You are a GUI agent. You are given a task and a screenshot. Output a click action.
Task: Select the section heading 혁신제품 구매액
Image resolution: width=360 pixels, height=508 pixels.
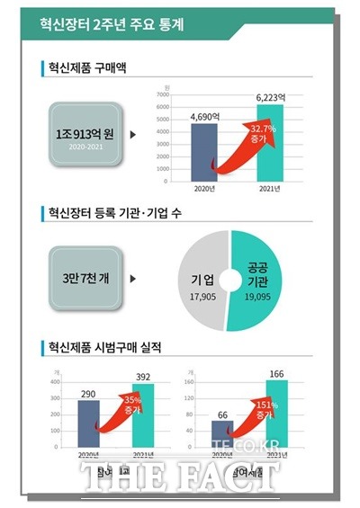click(94, 67)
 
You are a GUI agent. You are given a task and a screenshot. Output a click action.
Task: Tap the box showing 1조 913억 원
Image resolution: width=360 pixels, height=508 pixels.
click(81, 137)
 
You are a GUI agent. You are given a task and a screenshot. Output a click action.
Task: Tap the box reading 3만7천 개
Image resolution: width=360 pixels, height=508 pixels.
click(81, 278)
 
